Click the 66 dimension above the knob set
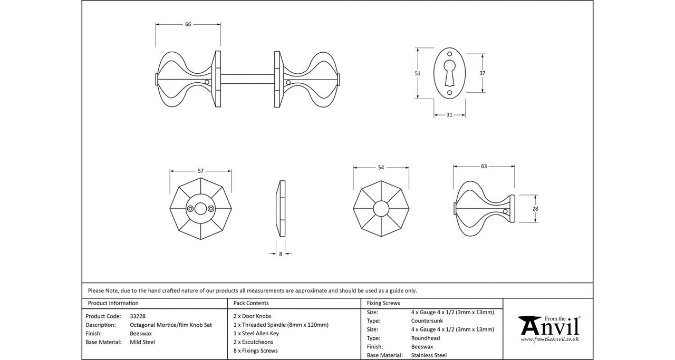[x=188, y=24]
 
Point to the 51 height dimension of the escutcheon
[x=418, y=74]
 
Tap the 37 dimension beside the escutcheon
[x=482, y=73]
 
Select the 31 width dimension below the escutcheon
[x=449, y=115]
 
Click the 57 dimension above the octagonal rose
[x=200, y=171]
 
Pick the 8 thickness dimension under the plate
[x=281, y=254]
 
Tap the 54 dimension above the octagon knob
[x=381, y=168]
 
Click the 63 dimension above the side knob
[x=484, y=167]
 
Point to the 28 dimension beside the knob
[x=535, y=209]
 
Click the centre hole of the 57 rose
[x=200, y=209]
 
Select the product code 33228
[x=138, y=316]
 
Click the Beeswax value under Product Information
[x=141, y=334]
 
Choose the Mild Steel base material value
[x=142, y=342]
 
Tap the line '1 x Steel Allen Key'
[x=256, y=333]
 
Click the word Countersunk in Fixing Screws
[x=427, y=320]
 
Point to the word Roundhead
[x=426, y=338]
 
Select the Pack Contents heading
[x=251, y=303]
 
